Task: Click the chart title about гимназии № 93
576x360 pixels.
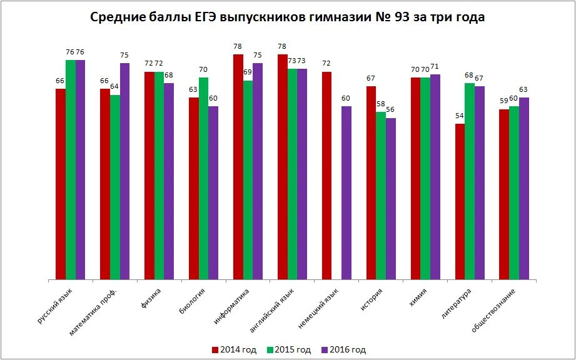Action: coord(288,17)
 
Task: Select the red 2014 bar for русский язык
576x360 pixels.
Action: coord(60,184)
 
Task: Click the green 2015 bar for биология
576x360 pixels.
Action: coord(203,178)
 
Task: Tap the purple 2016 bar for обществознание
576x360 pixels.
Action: coord(524,188)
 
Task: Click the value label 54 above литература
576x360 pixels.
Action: coord(460,116)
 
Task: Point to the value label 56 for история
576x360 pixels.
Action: coord(391,110)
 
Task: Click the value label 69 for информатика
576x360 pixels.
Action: coord(248,72)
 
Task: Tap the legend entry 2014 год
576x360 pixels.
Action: coord(234,350)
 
